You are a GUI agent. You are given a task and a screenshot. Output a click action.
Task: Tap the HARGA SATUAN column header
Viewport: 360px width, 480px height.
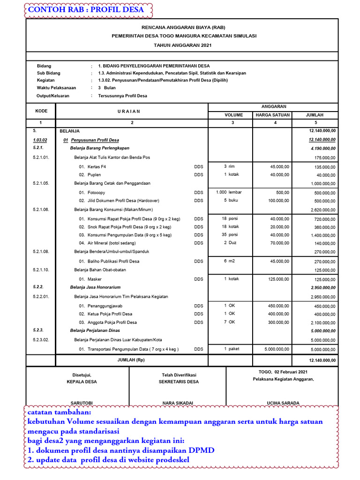tap(272, 115)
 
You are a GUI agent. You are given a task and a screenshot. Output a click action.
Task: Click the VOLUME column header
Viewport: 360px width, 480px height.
tap(234, 115)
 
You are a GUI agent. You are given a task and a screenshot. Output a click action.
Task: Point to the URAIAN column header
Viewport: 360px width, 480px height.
tap(132, 111)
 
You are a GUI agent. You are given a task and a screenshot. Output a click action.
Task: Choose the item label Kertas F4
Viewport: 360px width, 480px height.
tap(97, 166)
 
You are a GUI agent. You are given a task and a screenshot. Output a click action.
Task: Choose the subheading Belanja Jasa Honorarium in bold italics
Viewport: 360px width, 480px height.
tap(95, 287)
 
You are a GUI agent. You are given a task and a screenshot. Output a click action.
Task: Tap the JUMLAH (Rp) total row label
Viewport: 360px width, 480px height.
tap(132, 360)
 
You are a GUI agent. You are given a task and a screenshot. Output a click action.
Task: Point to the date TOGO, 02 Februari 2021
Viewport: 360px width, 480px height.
tap(280, 372)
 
